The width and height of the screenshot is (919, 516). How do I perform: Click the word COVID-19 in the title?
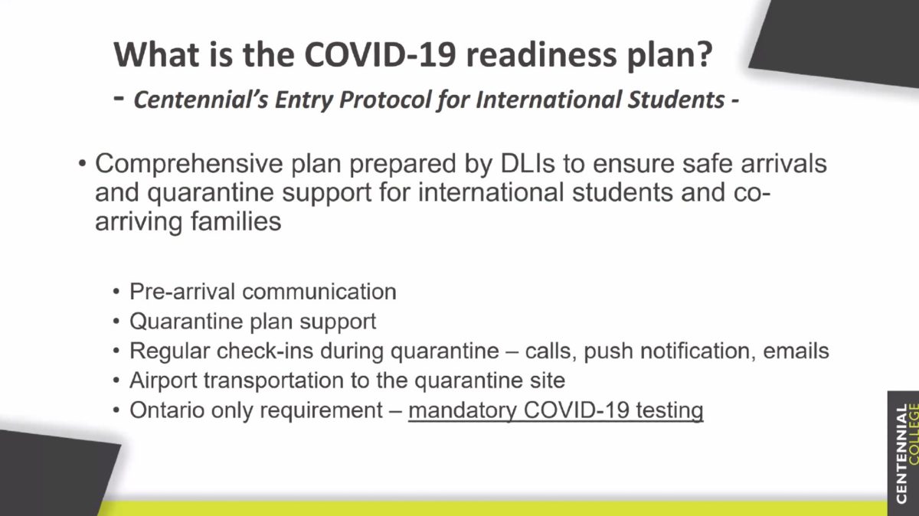pyautogui.click(x=381, y=54)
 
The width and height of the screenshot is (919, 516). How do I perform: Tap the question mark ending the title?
pyautogui.click(x=704, y=54)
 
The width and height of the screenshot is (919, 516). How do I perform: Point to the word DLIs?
pyautogui.click(x=527, y=164)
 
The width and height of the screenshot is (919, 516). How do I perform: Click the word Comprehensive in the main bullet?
pyautogui.click(x=188, y=164)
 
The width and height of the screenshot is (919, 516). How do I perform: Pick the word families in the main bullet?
pyautogui.click(x=236, y=221)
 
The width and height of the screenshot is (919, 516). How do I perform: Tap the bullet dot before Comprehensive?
pyautogui.click(x=82, y=164)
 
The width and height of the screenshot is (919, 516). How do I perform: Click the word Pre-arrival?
pyautogui.click(x=182, y=292)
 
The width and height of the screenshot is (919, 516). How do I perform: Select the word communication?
pyautogui.click(x=319, y=292)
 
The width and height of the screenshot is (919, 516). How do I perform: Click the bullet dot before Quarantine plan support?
pyautogui.click(x=116, y=322)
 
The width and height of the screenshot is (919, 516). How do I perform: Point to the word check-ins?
pyautogui.click(x=265, y=351)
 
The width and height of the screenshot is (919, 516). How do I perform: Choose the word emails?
pyautogui.click(x=796, y=351)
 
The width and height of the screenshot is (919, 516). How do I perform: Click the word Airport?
pyautogui.click(x=163, y=380)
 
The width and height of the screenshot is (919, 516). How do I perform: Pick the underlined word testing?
pyautogui.click(x=669, y=410)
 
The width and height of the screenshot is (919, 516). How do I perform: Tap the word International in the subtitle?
pyautogui.click(x=548, y=100)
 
